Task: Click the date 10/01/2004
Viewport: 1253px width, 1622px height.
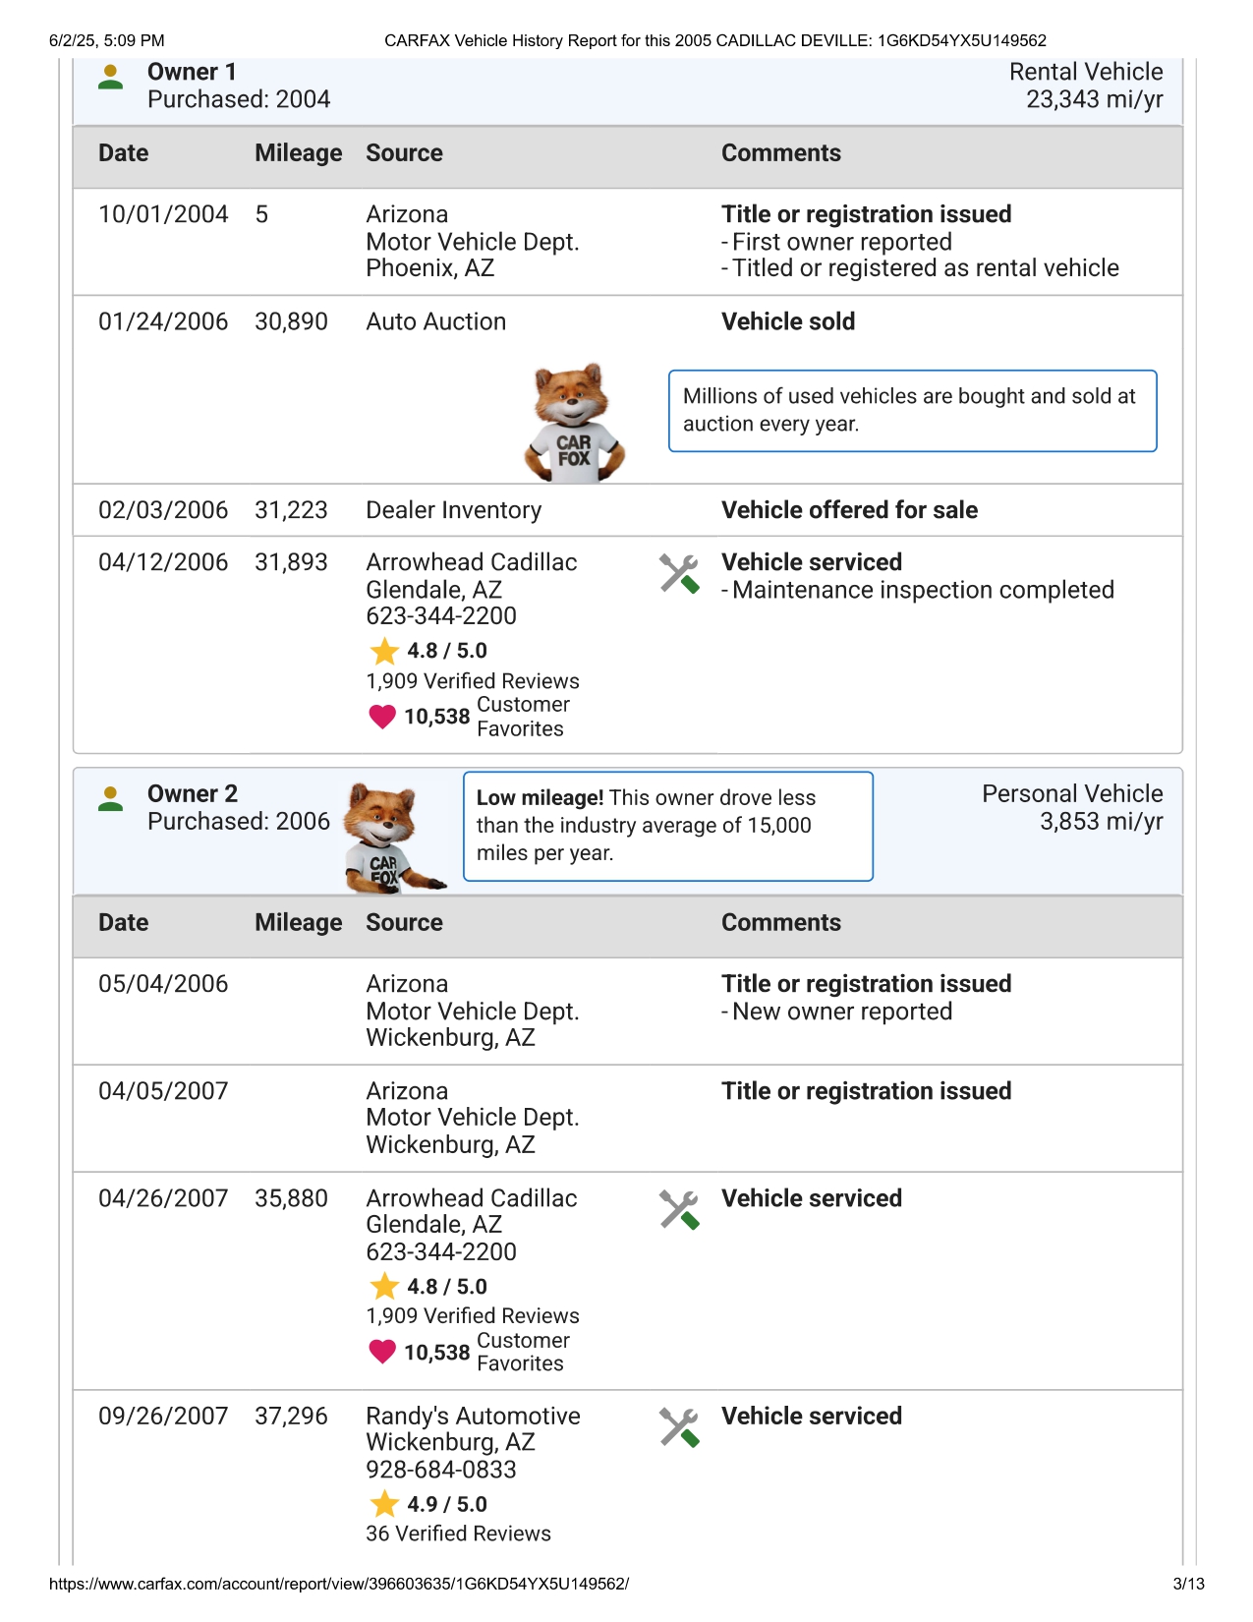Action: coord(163,214)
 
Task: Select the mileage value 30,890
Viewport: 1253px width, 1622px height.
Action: coord(291,321)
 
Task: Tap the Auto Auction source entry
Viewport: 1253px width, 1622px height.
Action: coord(435,321)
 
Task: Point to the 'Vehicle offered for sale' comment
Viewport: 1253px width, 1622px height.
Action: coord(849,510)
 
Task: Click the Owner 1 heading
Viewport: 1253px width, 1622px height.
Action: coord(192,72)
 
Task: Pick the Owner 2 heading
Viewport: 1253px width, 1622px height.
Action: coord(193,793)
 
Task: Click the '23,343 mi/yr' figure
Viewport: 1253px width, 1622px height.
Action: coord(1094,99)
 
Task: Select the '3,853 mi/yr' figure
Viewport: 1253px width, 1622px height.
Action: coord(1101,821)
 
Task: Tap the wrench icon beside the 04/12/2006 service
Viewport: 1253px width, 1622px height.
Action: coord(679,573)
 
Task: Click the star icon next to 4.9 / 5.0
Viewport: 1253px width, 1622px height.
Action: coord(384,1504)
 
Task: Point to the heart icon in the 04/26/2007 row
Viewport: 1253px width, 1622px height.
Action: coord(382,1352)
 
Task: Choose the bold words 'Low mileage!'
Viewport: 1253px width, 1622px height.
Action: coord(540,798)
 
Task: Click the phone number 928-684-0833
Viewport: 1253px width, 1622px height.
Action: coord(440,1470)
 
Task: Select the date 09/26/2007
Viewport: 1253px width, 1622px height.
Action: coord(163,1416)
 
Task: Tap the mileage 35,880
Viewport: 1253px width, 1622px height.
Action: coord(291,1198)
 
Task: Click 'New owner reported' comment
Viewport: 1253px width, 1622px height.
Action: coord(842,1012)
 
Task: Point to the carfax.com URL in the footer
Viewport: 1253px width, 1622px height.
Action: coord(339,1584)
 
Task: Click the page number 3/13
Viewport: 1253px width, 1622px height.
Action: coord(1188,1584)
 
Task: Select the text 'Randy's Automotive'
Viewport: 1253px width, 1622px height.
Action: coord(473,1416)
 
